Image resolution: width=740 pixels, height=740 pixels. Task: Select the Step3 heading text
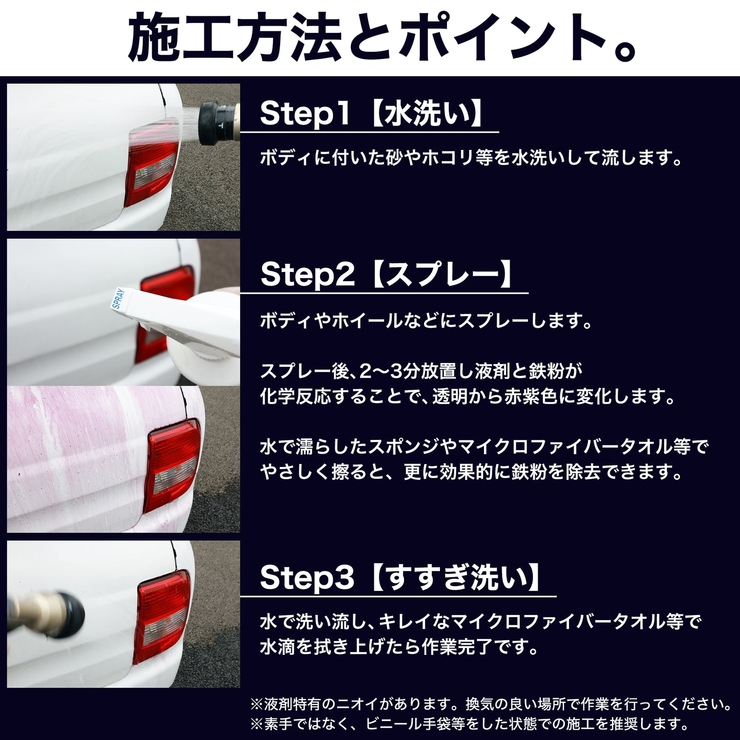click(x=400, y=577)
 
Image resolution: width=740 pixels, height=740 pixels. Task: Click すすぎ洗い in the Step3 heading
click(x=457, y=578)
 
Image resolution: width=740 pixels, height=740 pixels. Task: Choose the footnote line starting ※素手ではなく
click(x=469, y=724)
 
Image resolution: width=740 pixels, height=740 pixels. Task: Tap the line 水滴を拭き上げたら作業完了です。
click(x=398, y=647)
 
